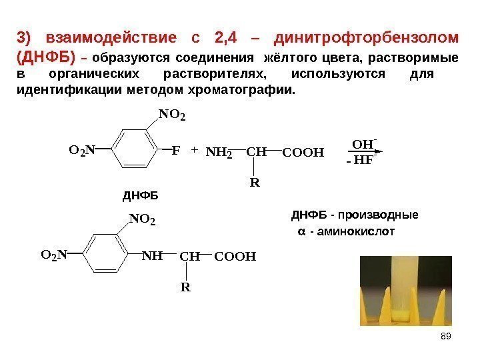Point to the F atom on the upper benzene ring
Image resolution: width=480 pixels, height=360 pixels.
[176, 151]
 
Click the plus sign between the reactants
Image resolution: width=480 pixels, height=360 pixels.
[194, 151]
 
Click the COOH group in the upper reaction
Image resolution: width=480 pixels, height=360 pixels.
[303, 152]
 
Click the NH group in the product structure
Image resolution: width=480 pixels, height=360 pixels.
[153, 255]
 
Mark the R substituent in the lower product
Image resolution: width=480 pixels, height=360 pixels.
[185, 287]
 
